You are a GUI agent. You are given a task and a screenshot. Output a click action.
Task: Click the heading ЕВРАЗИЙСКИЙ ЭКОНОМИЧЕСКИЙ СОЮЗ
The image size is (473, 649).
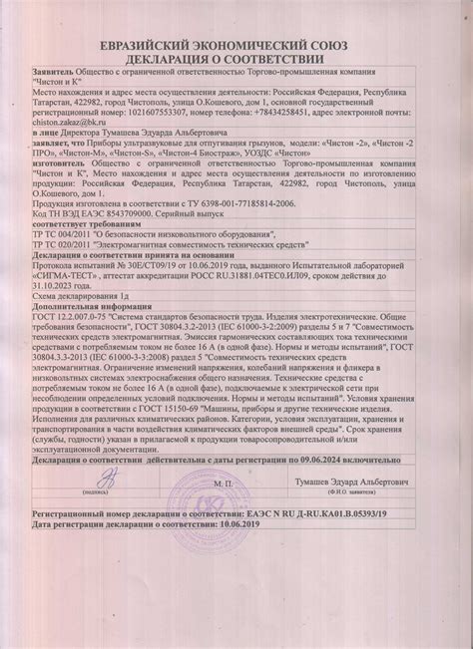tap(237, 48)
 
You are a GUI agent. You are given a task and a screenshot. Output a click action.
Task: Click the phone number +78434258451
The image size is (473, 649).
tap(256, 111)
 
